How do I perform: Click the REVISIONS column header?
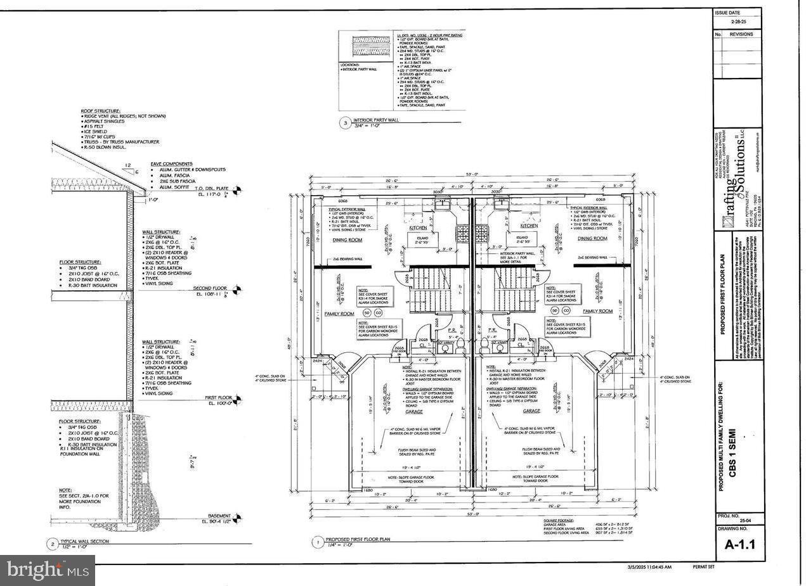tap(741, 34)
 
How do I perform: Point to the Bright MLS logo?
tap(48, 570)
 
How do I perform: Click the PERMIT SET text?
tap(703, 567)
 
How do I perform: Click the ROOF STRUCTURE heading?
tap(100, 111)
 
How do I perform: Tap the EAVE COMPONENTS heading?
tap(171, 163)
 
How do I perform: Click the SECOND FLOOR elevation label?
tap(210, 289)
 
